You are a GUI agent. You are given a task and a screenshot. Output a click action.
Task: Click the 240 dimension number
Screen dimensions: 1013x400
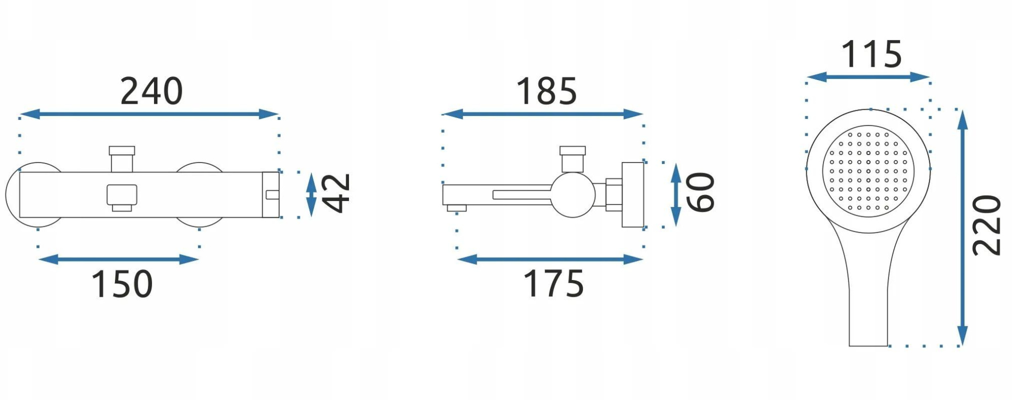click(x=151, y=92)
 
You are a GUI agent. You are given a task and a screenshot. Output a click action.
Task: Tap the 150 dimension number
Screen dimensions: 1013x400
click(x=122, y=284)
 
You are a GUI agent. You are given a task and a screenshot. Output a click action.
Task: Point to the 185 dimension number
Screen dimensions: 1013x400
click(x=547, y=92)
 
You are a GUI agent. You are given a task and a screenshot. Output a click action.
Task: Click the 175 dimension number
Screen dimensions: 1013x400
click(x=553, y=284)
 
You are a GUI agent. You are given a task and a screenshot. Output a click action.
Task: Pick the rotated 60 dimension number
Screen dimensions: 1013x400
click(x=700, y=192)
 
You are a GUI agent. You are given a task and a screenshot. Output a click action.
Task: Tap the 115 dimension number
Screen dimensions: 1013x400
click(x=872, y=55)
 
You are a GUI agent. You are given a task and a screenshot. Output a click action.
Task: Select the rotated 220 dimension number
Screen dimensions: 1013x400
click(x=987, y=225)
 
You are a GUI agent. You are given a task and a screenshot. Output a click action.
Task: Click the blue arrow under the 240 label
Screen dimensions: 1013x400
click(x=149, y=114)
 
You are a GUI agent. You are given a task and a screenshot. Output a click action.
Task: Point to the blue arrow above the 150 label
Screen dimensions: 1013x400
click(x=119, y=260)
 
